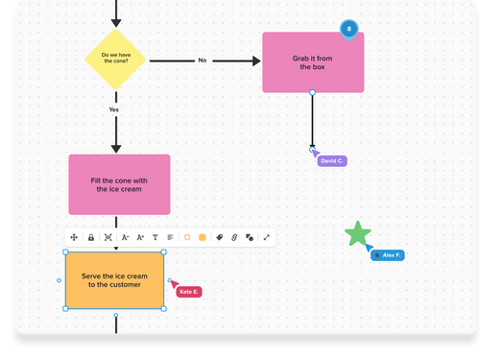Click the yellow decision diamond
115,60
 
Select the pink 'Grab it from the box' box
313,61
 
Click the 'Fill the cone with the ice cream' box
119,184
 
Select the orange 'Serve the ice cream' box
114,280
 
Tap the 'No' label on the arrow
203,60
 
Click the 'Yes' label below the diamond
114,109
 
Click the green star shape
358,234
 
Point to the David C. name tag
332,161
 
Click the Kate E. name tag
188,291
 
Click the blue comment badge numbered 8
348,30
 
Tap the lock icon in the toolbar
90,237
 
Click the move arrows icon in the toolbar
74,237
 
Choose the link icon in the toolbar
234,237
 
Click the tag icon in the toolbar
219,237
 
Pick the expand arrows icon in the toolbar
266,237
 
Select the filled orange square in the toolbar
203,237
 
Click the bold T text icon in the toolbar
156,237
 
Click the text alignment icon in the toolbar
170,237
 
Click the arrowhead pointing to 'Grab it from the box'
256,60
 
